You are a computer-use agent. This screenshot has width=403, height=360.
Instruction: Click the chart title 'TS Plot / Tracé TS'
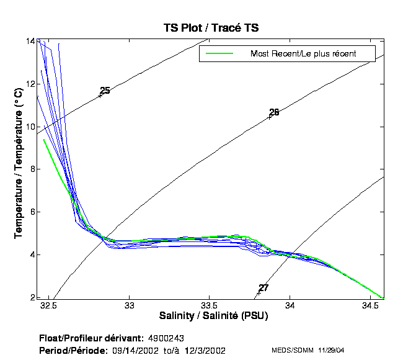coord(211,27)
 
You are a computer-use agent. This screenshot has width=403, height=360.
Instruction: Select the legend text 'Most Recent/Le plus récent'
coord(303,54)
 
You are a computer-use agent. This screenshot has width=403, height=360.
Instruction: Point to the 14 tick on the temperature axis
coord(30,41)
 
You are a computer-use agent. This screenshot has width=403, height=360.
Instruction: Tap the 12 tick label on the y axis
coord(30,84)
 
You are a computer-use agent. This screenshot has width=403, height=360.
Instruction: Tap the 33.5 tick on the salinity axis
coord(209,306)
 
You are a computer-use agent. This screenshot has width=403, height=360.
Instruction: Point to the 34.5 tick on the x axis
coord(370,306)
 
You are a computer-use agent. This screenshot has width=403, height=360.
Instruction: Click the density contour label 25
coord(105,91)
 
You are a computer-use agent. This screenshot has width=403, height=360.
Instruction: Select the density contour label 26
coord(274,112)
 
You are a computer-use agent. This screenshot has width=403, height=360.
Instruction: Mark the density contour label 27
coord(263,288)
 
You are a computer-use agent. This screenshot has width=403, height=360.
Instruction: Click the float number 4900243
coord(167,338)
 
